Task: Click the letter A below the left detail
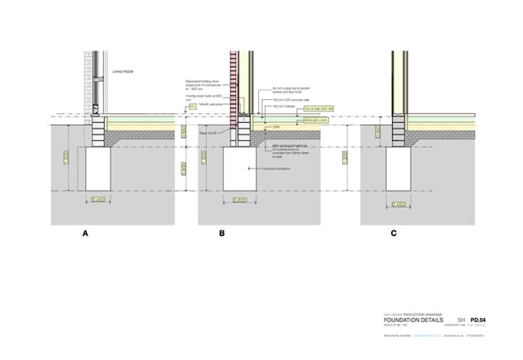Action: pyautogui.click(x=85, y=234)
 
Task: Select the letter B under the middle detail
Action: pyautogui.click(x=222, y=234)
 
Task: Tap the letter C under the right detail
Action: pyautogui.click(x=393, y=234)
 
